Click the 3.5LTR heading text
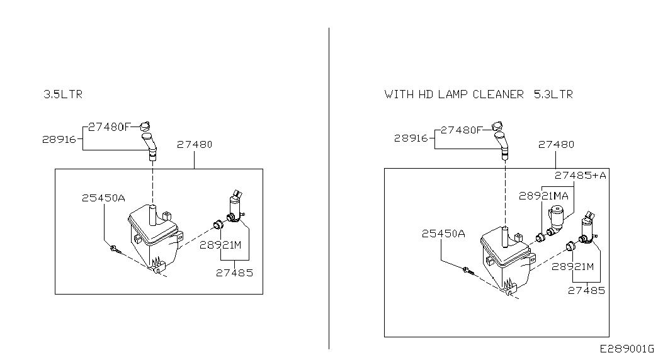pos(62,94)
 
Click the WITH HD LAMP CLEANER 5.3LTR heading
pos(479,94)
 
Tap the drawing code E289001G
pos(627,349)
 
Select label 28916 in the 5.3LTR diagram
pos(411,138)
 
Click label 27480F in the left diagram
pos(108,126)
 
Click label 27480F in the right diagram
pos(461,130)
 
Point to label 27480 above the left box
pos(194,145)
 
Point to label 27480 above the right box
pos(556,145)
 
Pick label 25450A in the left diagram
pos(103,198)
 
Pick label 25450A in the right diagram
pos(443,233)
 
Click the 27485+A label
pos(580,175)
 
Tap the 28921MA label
pos(543,196)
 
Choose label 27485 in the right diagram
pos(586,290)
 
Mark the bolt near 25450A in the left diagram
pos(114,249)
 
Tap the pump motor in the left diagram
pos(235,208)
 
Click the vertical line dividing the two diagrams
pos(329,189)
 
